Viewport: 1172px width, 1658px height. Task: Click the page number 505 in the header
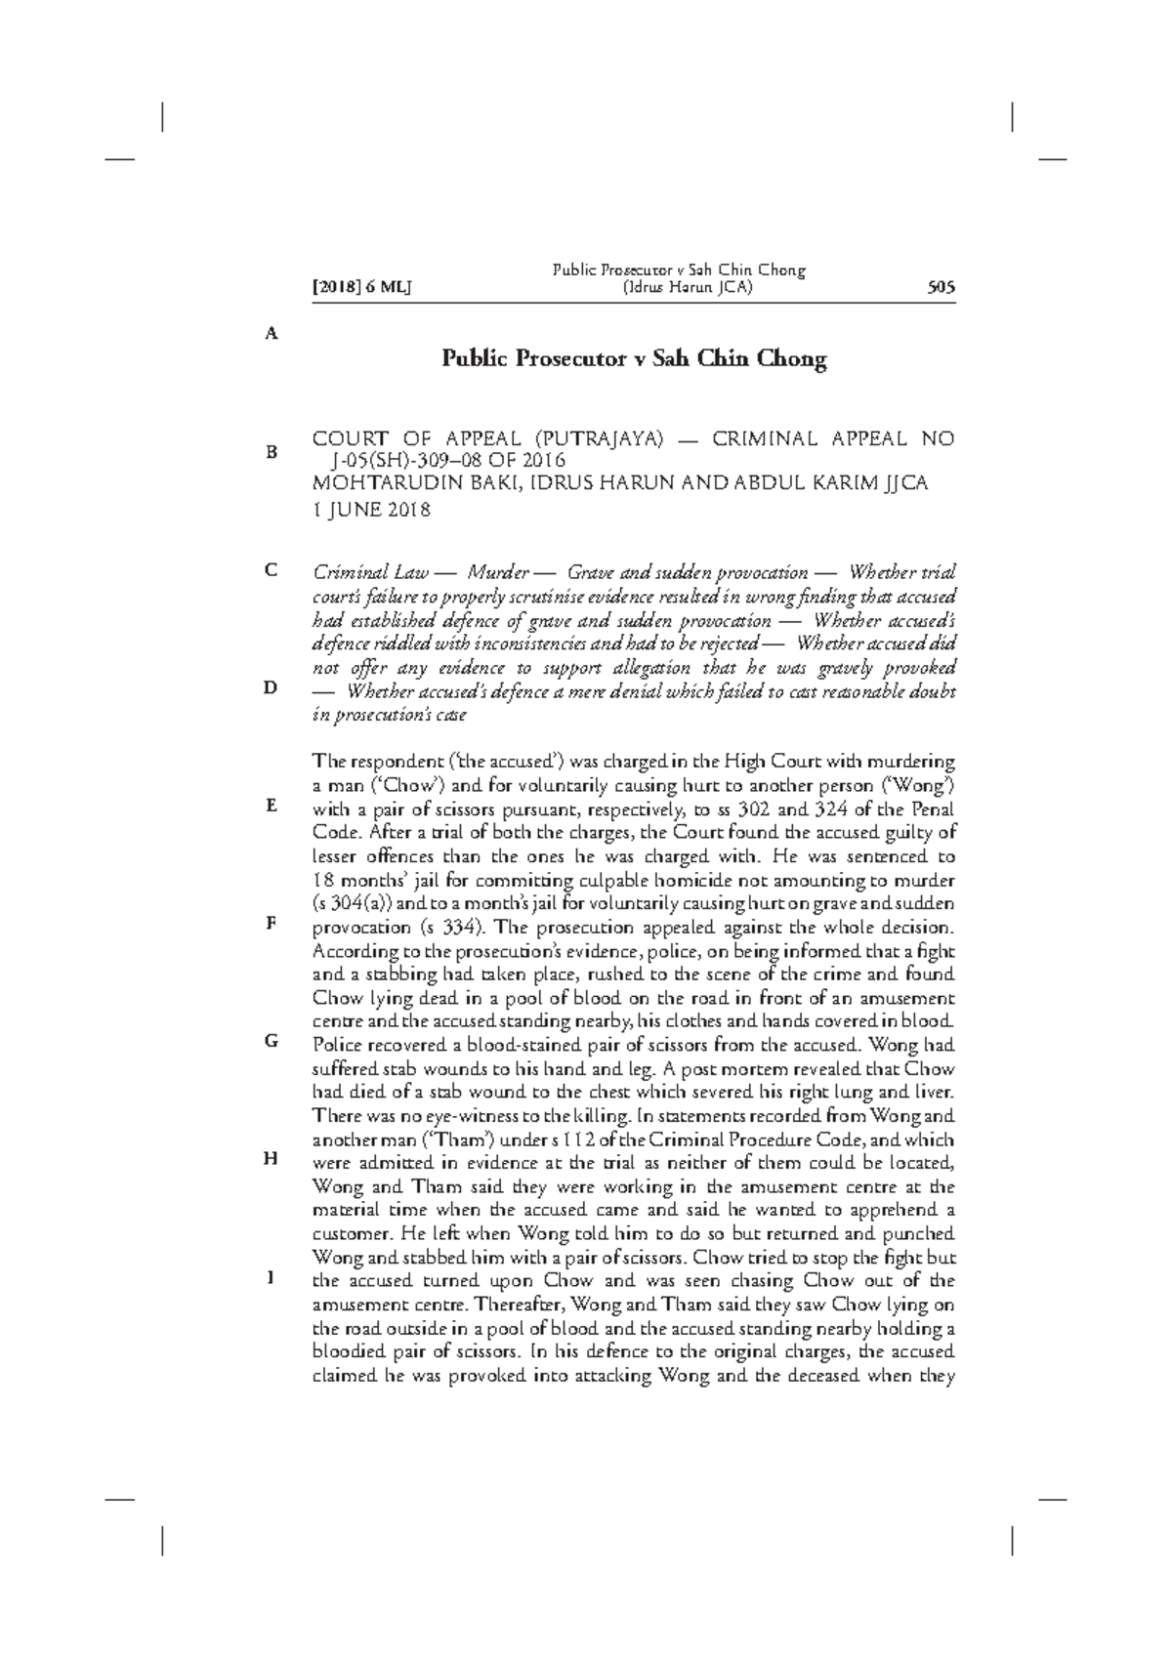[x=941, y=288]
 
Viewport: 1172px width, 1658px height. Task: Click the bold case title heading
[x=634, y=358]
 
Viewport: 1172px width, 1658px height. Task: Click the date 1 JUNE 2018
[x=371, y=509]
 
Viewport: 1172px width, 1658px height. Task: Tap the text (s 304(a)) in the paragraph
[x=354, y=904]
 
